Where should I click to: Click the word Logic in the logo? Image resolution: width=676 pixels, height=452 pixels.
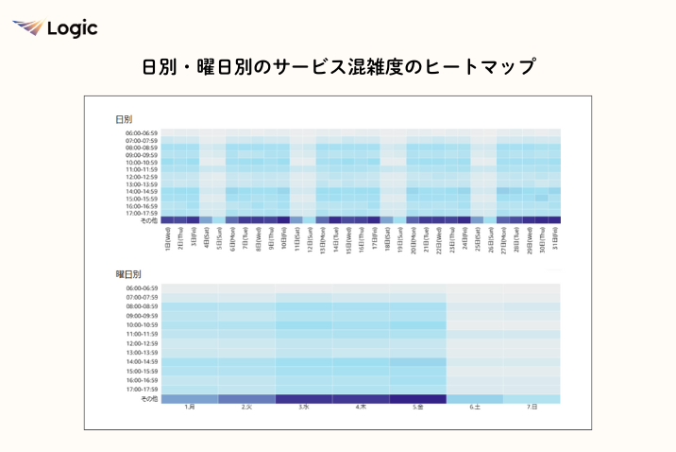(x=72, y=28)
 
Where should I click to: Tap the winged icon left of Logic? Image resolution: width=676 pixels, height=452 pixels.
(x=27, y=28)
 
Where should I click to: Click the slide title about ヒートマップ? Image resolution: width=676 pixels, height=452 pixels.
(x=338, y=67)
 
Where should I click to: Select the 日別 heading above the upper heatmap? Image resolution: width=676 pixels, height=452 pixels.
(x=124, y=119)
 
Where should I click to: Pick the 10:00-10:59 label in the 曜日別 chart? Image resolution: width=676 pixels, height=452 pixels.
(x=142, y=324)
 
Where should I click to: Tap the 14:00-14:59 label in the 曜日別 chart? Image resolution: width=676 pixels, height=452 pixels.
(x=142, y=362)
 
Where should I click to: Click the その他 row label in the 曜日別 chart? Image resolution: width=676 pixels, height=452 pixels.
(x=148, y=399)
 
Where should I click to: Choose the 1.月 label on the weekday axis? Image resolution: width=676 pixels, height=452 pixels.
(x=190, y=408)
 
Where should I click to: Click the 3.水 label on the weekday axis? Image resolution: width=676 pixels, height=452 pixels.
(x=304, y=408)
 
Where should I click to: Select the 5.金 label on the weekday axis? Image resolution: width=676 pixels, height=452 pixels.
(x=417, y=408)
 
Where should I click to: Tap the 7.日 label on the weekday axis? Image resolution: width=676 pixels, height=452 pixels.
(x=532, y=408)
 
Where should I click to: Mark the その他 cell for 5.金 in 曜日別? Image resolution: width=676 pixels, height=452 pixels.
(x=417, y=399)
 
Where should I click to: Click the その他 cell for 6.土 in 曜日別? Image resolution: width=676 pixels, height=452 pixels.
(x=475, y=399)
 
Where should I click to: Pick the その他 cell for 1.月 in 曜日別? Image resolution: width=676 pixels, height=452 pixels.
(x=190, y=399)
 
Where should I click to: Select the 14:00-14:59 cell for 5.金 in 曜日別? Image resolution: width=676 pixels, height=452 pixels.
(x=417, y=362)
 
